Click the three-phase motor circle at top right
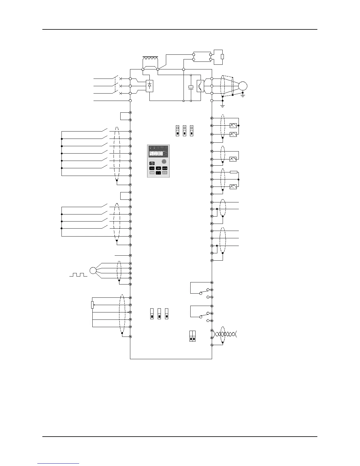click(243, 86)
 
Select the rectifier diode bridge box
click(149, 86)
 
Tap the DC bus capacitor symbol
click(191, 87)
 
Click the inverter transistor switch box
click(200, 86)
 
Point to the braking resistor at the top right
click(222, 57)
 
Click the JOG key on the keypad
click(158, 168)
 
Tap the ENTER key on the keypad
click(165, 168)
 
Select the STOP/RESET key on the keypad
click(165, 173)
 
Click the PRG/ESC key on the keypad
click(152, 163)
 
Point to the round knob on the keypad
click(164, 162)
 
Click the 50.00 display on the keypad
click(156, 154)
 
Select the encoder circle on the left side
click(93, 270)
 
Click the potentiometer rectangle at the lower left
click(92, 305)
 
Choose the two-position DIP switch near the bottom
click(192, 336)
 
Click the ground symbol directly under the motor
click(243, 95)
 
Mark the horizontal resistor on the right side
click(233, 172)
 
